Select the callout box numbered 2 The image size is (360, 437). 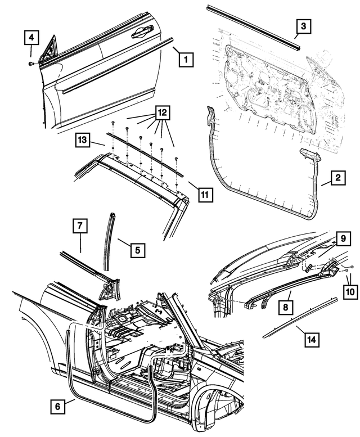(x=337, y=179)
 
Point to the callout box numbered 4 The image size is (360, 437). (x=31, y=38)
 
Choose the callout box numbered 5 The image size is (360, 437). (x=138, y=248)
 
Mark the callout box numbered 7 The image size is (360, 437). (x=80, y=227)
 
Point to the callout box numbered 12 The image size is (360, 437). (x=162, y=113)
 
